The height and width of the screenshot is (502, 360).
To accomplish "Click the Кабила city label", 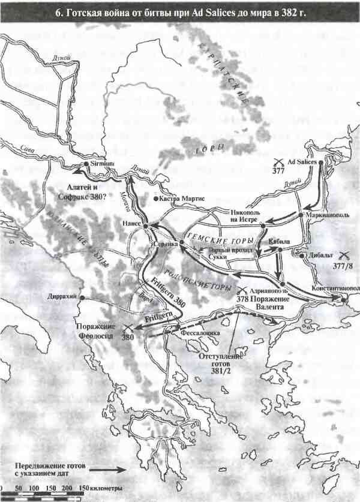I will (x=280, y=241).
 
